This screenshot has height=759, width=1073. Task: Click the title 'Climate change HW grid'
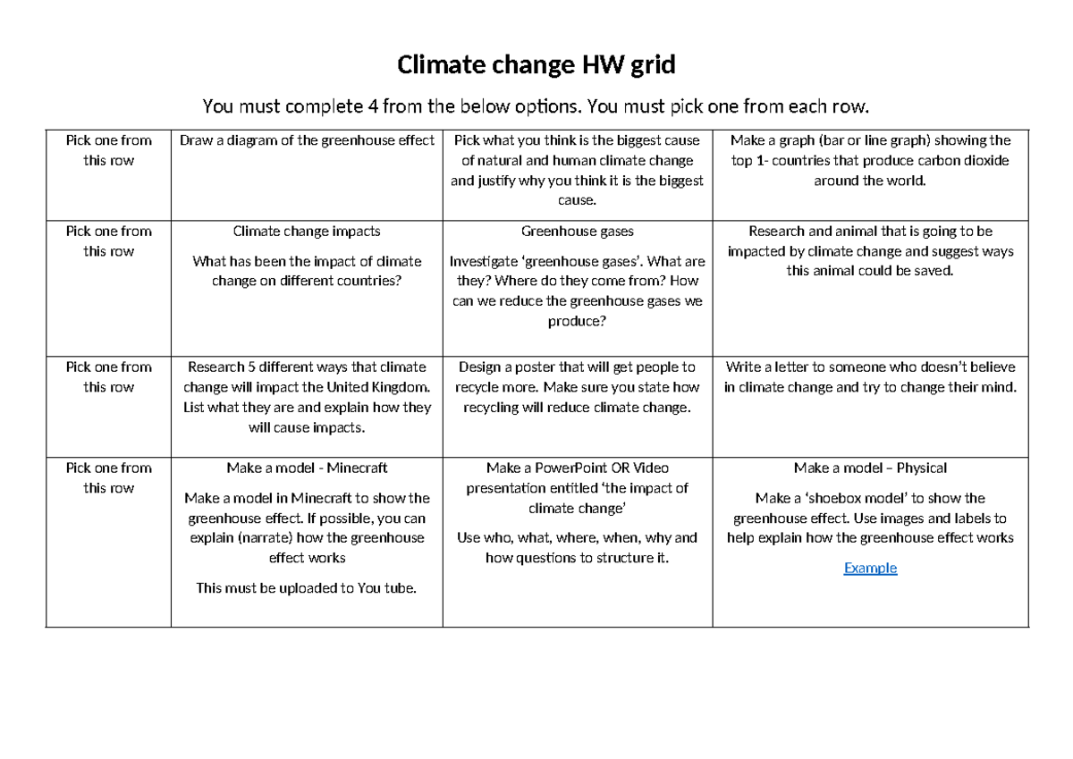click(x=536, y=65)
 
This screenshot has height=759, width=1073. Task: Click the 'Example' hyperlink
click(x=870, y=568)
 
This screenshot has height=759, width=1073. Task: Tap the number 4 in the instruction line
click(x=372, y=107)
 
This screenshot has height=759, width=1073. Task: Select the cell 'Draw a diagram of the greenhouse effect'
click(x=308, y=140)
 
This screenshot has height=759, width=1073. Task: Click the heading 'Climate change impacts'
click(x=307, y=232)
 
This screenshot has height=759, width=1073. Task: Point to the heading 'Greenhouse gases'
click(x=578, y=232)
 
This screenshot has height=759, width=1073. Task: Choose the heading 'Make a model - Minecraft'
click(x=307, y=468)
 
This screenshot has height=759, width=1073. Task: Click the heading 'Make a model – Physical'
click(x=870, y=468)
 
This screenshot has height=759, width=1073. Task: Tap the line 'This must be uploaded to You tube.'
click(x=307, y=588)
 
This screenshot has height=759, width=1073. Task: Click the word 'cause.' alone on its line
click(x=578, y=200)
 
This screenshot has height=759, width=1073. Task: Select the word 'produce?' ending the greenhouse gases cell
click(x=578, y=321)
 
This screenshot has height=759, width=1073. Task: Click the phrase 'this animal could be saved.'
click(x=870, y=271)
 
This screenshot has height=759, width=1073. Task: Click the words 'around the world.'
click(x=870, y=181)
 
